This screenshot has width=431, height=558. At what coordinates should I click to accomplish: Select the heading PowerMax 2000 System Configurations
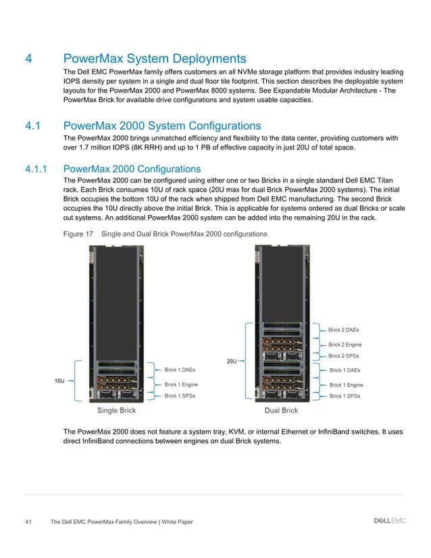(161, 126)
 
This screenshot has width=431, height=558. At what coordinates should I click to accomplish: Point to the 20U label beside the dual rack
(231, 361)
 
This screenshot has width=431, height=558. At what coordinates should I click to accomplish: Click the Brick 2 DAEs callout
(344, 330)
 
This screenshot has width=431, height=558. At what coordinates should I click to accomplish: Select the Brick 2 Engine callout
(345, 345)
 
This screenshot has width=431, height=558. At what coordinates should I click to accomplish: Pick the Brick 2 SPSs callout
(344, 356)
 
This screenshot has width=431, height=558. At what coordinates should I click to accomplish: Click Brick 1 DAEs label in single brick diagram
(180, 370)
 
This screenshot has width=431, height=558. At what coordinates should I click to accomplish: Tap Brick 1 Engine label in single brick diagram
(182, 384)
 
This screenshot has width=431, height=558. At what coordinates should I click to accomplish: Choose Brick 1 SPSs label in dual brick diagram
(345, 396)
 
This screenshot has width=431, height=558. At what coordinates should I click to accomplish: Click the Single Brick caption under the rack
(117, 411)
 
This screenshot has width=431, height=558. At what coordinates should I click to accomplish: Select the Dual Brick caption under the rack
(281, 411)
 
